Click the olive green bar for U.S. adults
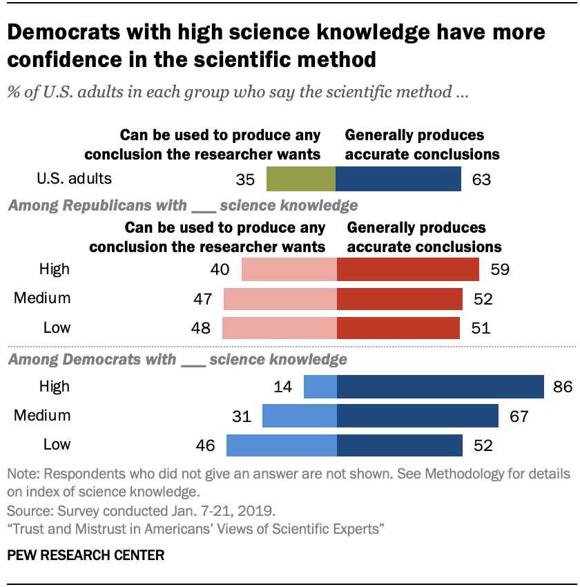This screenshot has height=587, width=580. click(301, 179)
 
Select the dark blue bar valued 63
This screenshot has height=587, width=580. click(398, 179)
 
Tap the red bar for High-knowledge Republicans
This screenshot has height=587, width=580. click(407, 269)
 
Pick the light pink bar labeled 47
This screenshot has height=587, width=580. click(280, 298)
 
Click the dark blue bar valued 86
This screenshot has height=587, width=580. click(440, 386)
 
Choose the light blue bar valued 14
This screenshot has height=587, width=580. click(320, 386)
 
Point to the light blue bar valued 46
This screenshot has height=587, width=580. click(282, 445)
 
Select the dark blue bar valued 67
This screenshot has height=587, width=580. click(417, 416)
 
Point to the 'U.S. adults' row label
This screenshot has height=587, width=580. click(74, 179)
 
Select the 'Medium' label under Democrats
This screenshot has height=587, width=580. click(43, 416)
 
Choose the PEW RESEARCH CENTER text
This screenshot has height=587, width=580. click(86, 555)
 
